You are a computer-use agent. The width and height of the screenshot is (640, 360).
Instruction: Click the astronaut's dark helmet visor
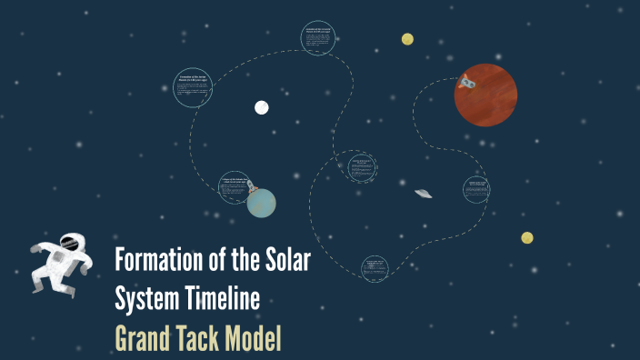(x=70, y=244)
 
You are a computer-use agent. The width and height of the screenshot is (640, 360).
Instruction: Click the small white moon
(x=262, y=107)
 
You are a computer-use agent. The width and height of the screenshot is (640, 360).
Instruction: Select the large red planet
(x=486, y=95)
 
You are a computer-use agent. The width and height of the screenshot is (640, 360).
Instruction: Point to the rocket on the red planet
(x=468, y=83)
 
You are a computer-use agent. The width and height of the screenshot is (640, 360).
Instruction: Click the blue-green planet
(x=261, y=204)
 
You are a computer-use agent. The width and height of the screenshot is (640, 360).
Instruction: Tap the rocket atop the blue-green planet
(x=258, y=184)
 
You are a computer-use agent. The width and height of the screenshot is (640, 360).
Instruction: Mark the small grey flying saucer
(x=423, y=193)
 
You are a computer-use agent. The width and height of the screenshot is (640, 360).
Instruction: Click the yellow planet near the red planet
(x=407, y=39)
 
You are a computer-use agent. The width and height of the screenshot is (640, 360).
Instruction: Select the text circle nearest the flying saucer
(x=475, y=189)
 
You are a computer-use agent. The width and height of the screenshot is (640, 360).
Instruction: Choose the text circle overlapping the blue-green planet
(x=234, y=185)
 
